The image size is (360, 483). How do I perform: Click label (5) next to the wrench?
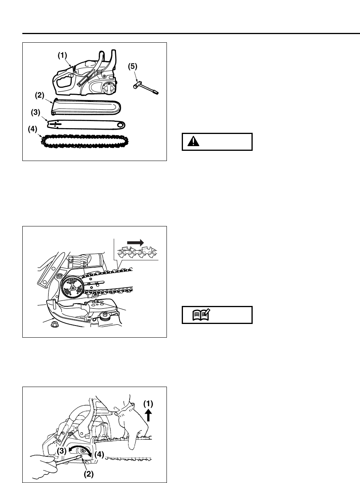coord(133,67)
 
